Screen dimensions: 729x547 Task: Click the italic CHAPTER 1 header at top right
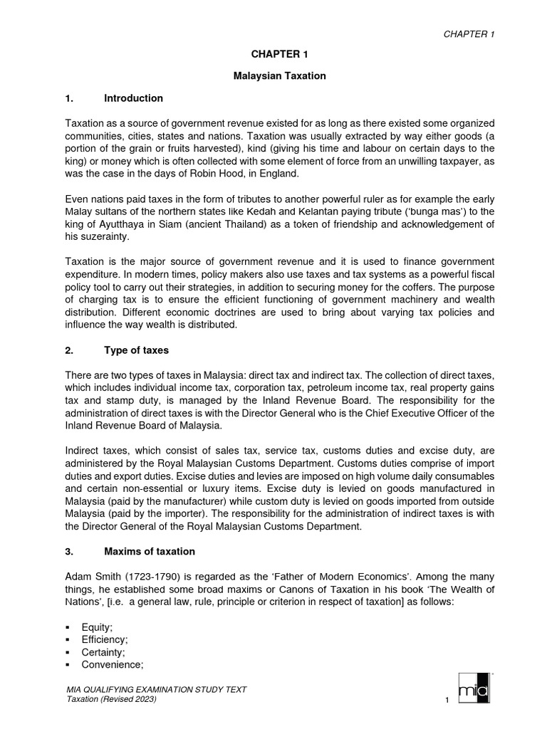tap(469, 34)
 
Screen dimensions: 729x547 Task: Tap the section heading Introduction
tap(133, 98)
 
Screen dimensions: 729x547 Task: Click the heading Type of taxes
tap(136, 351)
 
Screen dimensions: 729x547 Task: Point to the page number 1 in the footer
tap(444, 702)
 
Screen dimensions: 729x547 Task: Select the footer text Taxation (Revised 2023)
tap(110, 701)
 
